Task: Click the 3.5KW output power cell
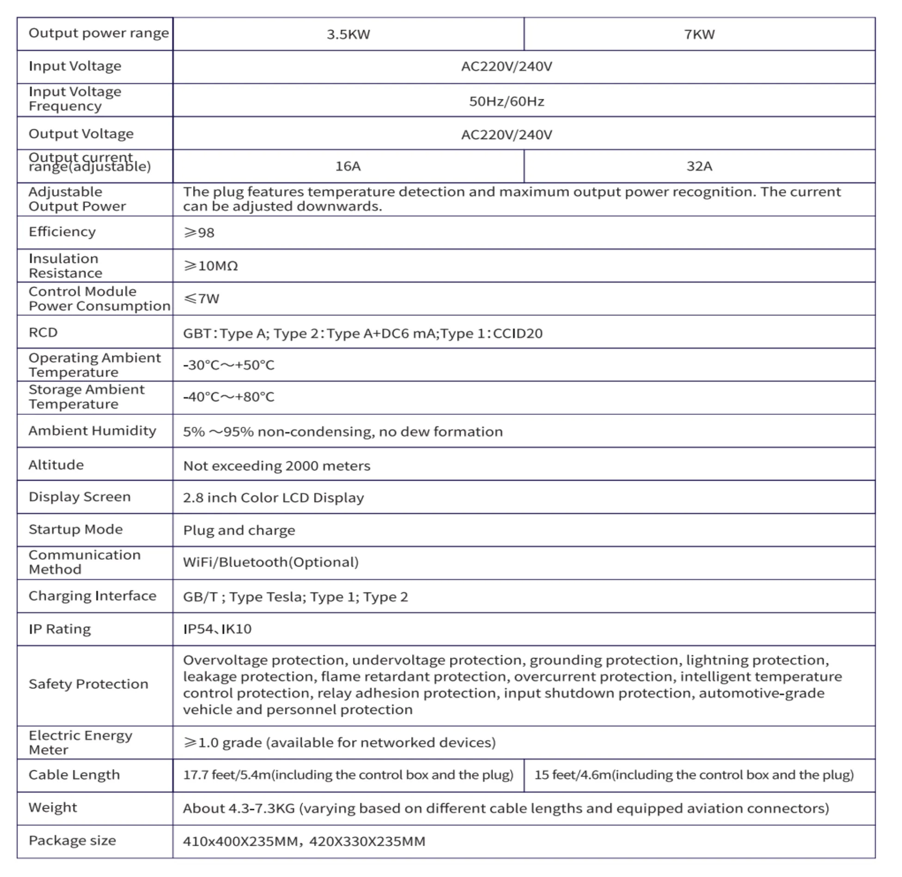tap(348, 35)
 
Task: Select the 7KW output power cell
tap(699, 35)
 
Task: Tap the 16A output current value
tap(348, 166)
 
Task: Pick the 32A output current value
tap(699, 166)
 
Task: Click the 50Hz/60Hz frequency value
tap(506, 102)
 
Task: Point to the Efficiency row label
tap(62, 232)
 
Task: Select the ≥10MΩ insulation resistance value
tap(211, 266)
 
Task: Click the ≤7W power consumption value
tap(201, 299)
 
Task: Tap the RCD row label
tap(43, 333)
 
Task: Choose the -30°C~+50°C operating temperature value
tap(229, 365)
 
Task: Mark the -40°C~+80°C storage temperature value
tap(229, 397)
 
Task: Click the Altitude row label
tap(56, 465)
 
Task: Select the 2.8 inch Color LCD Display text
tap(274, 498)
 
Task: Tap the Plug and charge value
tap(239, 530)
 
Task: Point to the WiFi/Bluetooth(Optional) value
tap(271, 562)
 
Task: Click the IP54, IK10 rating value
tap(217, 629)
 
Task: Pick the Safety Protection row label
tap(89, 684)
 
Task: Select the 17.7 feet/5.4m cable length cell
tap(348, 775)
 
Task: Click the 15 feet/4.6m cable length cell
tap(694, 775)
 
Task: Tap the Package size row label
tap(73, 841)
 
